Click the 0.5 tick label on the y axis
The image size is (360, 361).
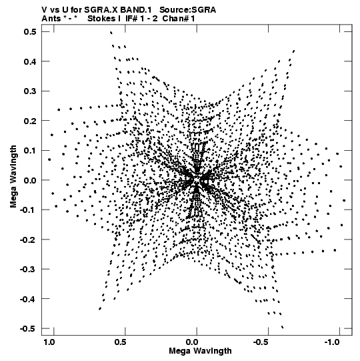[30, 31]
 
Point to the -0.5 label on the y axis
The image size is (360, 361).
[28, 328]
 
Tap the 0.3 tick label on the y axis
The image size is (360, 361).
[30, 91]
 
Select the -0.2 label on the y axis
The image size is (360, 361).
[28, 240]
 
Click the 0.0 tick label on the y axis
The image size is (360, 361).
[30, 180]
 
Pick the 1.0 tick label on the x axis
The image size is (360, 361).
[49, 342]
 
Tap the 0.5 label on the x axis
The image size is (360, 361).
[120, 342]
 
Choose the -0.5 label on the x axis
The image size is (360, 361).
[261, 342]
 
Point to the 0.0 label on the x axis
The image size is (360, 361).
[192, 342]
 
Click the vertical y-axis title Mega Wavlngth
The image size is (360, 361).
[13, 177]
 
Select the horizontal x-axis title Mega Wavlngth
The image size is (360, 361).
[200, 351]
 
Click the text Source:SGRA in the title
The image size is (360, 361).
[188, 10]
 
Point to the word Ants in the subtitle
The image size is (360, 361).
[51, 19]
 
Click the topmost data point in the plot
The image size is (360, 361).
[111, 33]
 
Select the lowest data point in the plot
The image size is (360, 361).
[282, 327]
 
